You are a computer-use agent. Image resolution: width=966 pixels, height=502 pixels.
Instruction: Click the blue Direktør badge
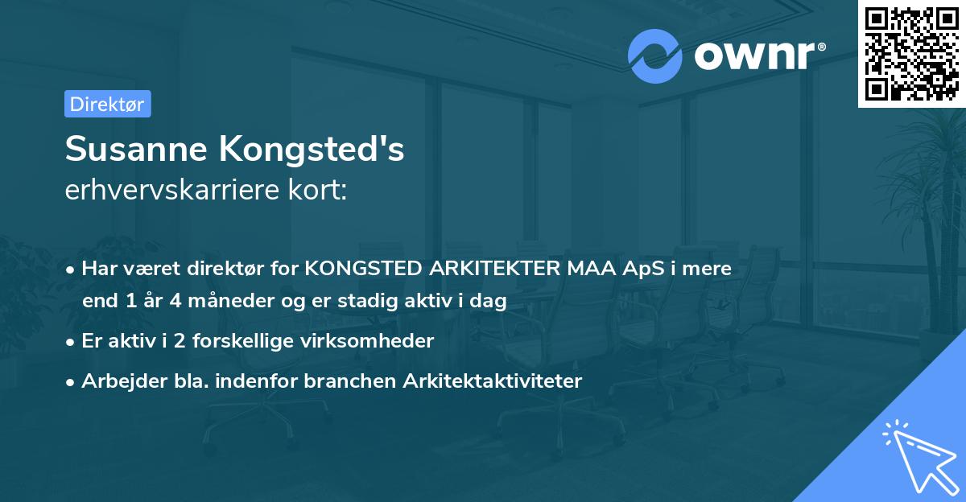coord(107,104)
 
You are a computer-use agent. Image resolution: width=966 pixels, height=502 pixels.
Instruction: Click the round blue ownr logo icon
coord(655,56)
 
